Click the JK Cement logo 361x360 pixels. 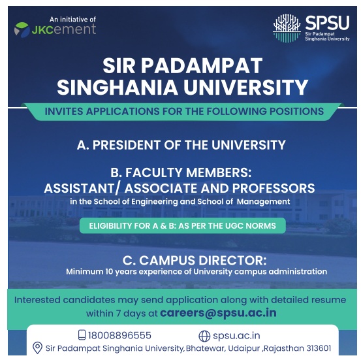pos(55,29)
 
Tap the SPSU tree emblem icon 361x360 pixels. pos(287,28)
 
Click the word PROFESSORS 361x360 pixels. pos(268,188)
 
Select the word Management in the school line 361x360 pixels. pos(264,202)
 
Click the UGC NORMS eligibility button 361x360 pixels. pos(182,226)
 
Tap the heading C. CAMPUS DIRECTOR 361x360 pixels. pos(183,259)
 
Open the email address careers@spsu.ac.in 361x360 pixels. pos(218,312)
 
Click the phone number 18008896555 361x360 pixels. pos(120,335)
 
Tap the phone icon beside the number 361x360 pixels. pos(82,335)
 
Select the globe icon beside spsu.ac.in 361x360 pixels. pos(204,336)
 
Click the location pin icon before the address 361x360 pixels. pos(37,348)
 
